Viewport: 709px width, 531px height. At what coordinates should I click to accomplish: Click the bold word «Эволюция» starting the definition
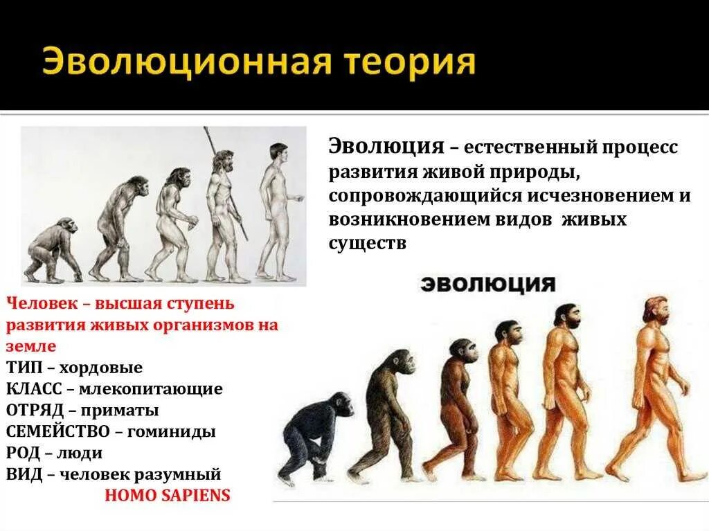click(386, 147)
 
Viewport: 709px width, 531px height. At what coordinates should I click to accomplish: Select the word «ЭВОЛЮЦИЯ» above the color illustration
click(488, 284)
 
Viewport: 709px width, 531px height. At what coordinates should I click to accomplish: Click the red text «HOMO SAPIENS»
click(167, 496)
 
